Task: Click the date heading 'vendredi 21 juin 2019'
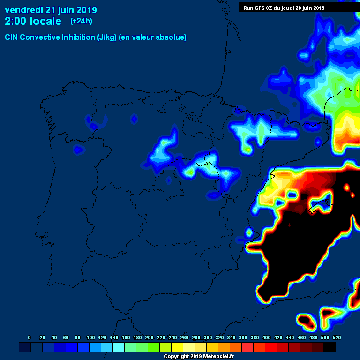click(51, 10)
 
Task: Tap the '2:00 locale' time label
click(33, 21)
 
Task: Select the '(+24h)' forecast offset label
click(81, 21)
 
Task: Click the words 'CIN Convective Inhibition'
click(50, 37)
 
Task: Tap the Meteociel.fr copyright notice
click(198, 357)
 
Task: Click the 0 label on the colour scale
click(30, 337)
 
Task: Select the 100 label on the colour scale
click(90, 337)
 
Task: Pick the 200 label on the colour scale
click(149, 337)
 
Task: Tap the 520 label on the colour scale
click(337, 337)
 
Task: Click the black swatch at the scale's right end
click(330, 347)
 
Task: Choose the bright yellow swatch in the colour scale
click(177, 347)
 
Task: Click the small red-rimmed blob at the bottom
click(306, 321)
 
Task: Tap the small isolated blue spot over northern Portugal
click(78, 150)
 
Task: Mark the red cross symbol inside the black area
click(289, 225)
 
